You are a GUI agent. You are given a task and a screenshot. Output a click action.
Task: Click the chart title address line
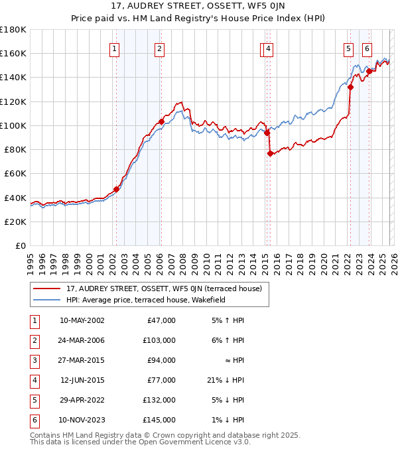[198, 7]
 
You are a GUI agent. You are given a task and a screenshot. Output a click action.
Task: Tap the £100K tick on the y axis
[13, 125]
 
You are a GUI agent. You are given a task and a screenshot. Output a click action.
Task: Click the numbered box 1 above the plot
[115, 48]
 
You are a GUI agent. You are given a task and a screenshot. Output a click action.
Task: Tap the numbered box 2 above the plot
[160, 48]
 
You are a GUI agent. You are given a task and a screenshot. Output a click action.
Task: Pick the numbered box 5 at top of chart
[348, 48]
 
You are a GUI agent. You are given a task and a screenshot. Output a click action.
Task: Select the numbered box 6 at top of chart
[367, 48]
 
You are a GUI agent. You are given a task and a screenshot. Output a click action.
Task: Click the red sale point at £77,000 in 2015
[270, 153]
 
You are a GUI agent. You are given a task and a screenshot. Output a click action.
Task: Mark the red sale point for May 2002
[116, 189]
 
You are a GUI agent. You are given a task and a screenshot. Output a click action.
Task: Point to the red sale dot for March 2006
[161, 122]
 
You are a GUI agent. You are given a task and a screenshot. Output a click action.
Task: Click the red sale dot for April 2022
[350, 87]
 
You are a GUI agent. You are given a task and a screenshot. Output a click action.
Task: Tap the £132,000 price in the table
[159, 400]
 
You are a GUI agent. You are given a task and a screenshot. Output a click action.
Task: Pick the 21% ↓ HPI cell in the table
[225, 380]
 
